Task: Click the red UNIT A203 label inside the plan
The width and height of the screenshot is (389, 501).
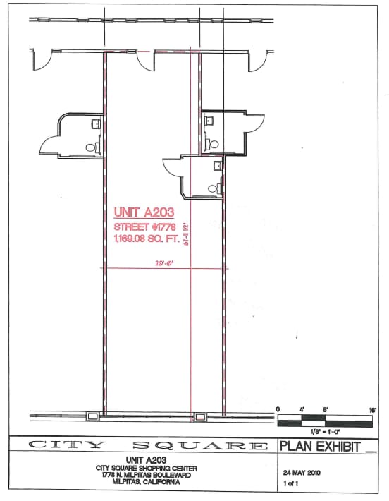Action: [143, 211]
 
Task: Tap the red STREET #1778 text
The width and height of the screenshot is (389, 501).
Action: [144, 227]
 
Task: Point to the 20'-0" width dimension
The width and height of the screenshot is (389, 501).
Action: [163, 264]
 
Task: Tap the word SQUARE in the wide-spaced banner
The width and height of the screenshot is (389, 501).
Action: [199, 445]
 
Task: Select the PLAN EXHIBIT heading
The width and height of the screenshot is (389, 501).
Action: [321, 445]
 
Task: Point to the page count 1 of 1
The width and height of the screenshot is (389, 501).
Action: [290, 484]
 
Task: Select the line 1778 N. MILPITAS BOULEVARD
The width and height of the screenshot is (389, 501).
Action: [138, 475]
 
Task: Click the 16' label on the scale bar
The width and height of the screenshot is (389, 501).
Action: [371, 409]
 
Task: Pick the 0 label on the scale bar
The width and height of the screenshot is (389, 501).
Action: [278, 409]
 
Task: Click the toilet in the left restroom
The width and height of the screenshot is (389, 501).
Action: [92, 147]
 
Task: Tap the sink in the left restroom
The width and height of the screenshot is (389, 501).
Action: [95, 123]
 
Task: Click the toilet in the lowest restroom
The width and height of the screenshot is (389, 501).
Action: [220, 188]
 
